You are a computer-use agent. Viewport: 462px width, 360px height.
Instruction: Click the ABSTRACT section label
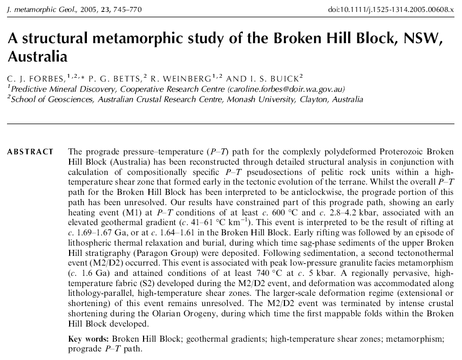pyautogui.click(x=30, y=152)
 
